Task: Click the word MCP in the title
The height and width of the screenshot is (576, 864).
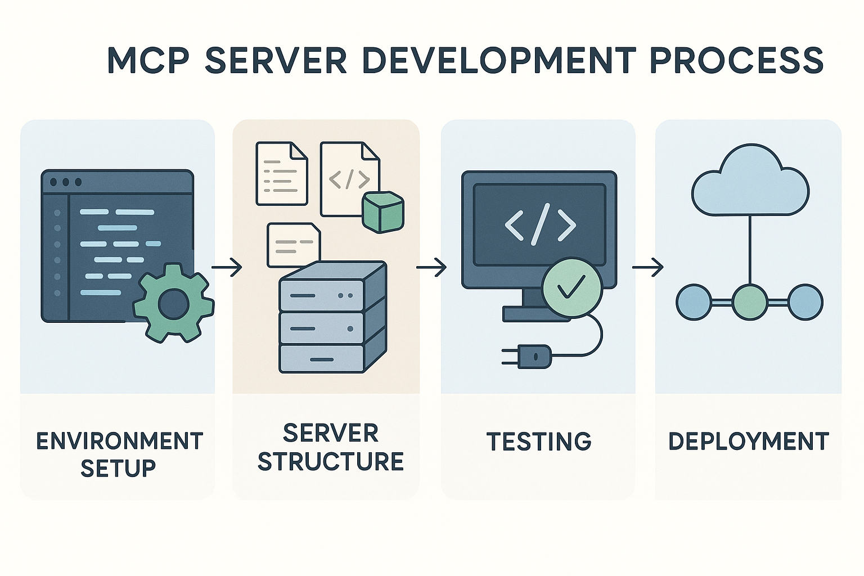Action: click(148, 60)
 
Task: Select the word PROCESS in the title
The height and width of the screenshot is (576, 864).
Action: click(737, 60)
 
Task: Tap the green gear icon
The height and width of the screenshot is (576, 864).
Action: click(173, 304)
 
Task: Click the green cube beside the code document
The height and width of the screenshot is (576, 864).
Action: click(383, 211)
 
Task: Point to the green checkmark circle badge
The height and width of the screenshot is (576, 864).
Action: click(572, 288)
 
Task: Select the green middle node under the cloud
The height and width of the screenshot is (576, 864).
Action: click(750, 302)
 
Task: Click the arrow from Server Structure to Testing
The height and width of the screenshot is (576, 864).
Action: click(431, 267)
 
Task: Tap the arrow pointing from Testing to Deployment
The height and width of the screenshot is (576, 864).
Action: click(647, 267)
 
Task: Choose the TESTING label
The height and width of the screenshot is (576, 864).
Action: click(538, 442)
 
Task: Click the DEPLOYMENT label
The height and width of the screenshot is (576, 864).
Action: click(748, 442)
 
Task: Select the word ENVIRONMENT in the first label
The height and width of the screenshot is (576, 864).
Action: click(119, 442)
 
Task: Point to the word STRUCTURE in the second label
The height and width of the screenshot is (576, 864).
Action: click(331, 462)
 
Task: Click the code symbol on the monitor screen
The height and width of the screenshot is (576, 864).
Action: click(539, 225)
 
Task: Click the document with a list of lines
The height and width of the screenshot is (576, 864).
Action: click(281, 173)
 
